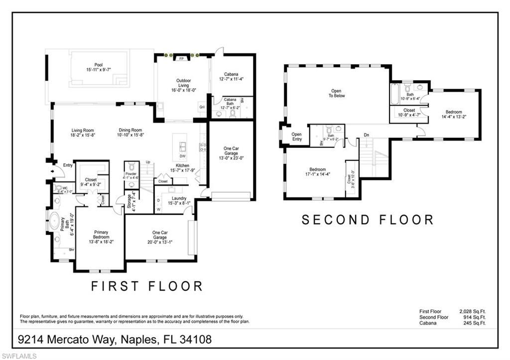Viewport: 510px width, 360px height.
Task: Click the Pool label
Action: (x=99, y=65)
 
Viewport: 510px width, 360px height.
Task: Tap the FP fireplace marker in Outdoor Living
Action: (x=181, y=58)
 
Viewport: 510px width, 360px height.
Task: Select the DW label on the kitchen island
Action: (x=182, y=156)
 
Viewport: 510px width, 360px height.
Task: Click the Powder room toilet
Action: (x=131, y=166)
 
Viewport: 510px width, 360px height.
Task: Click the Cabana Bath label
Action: (x=230, y=102)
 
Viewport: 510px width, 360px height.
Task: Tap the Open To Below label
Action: (x=338, y=93)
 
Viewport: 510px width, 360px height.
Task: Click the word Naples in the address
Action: (x=136, y=340)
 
